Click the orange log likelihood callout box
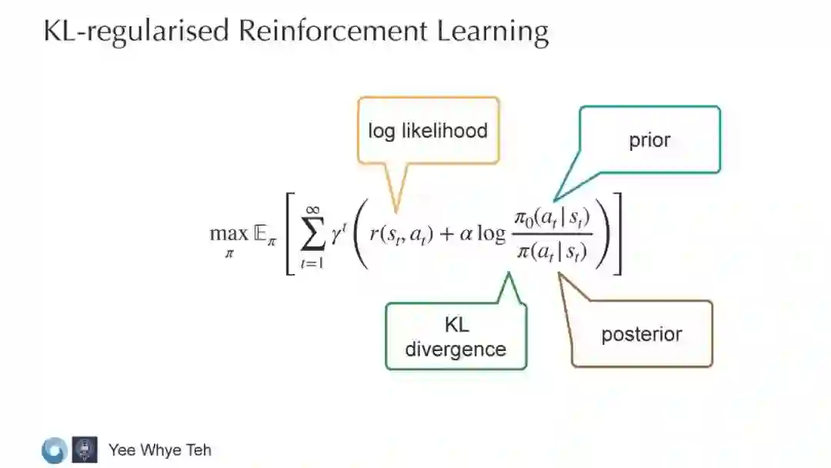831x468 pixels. coord(428,130)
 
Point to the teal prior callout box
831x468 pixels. coord(649,139)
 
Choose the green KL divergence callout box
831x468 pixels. coord(456,337)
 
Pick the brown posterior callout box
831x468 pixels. coord(642,334)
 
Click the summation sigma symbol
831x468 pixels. coord(312,236)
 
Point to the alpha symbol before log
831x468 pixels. coord(466,234)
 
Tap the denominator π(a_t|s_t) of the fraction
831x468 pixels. coord(552,251)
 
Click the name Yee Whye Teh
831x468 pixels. coord(159,450)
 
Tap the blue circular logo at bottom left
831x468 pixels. coord(55,450)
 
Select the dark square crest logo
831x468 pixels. coord(85,450)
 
